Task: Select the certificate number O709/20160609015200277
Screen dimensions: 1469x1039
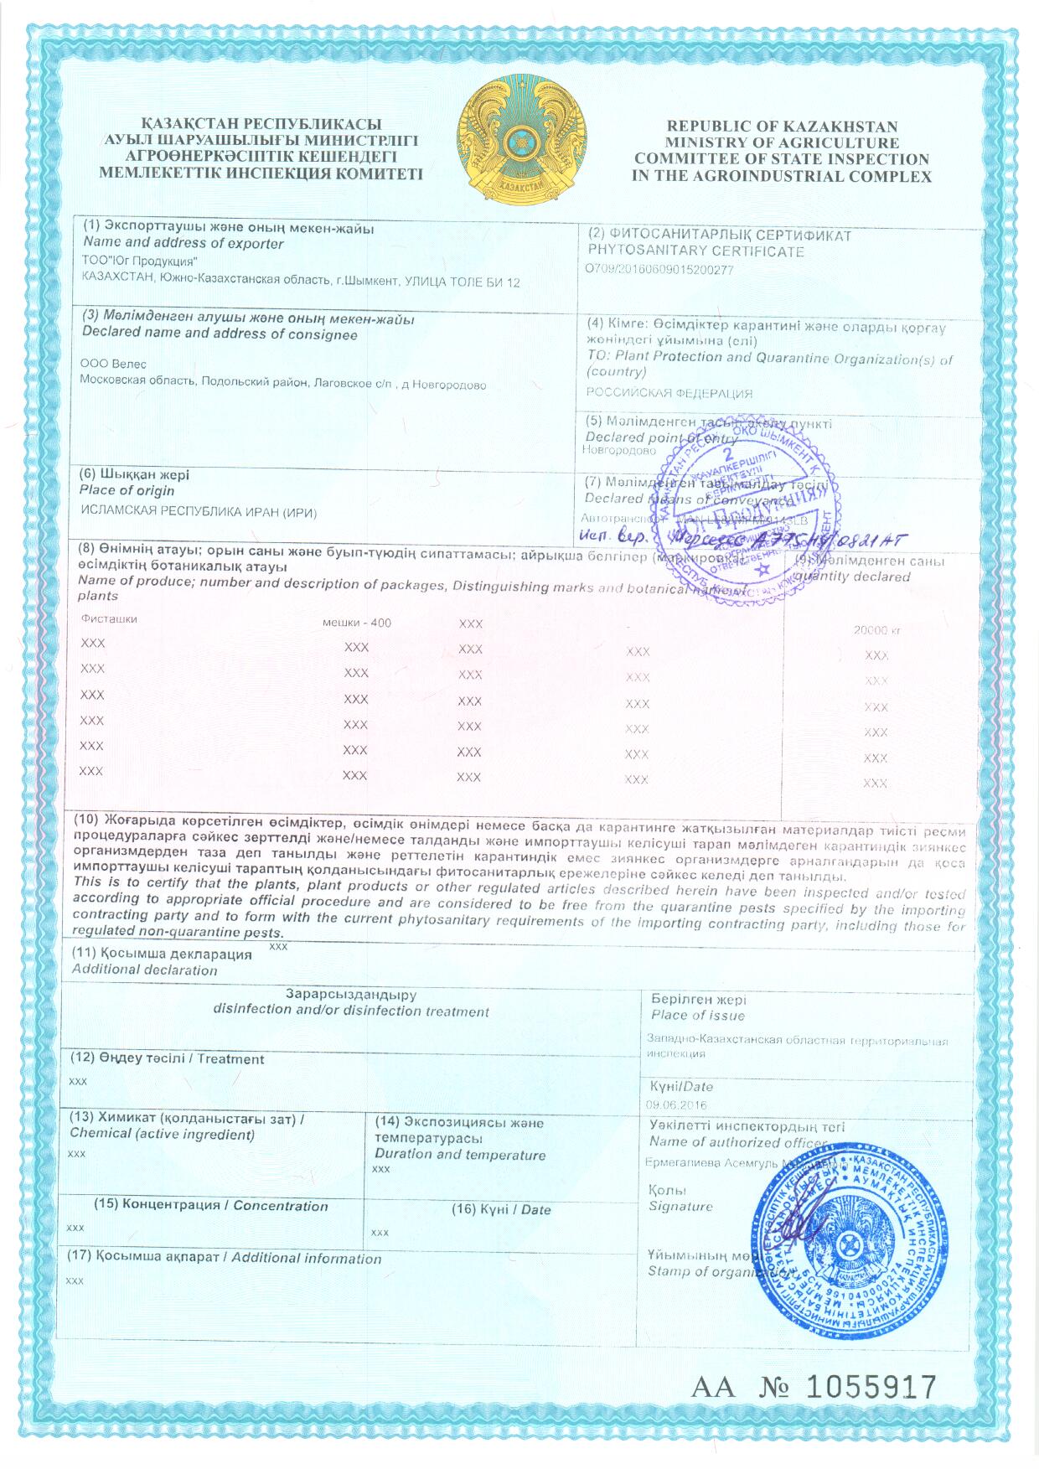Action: [660, 270]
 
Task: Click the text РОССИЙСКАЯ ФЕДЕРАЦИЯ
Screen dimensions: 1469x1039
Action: [669, 393]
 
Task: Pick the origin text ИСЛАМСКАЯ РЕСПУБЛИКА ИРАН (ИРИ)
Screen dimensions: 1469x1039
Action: [199, 512]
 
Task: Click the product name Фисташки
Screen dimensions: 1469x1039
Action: [110, 619]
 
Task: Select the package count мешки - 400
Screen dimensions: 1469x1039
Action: [356, 623]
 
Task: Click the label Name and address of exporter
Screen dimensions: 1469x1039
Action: [184, 244]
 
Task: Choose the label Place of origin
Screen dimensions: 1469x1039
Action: [127, 490]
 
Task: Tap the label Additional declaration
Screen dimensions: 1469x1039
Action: [144, 970]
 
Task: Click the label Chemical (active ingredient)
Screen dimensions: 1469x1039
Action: [162, 1134]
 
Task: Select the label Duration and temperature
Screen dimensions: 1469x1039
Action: [460, 1155]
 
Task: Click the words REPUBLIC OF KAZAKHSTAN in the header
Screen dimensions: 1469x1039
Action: [782, 127]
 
